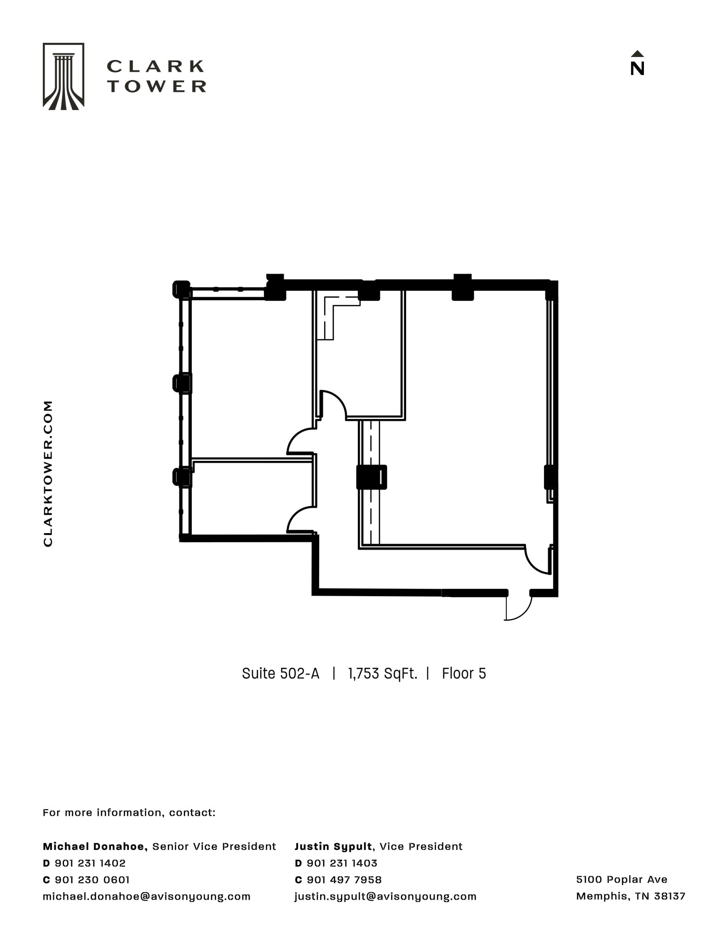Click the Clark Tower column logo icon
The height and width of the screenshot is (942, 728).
63,76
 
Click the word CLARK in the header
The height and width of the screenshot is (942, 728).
155,66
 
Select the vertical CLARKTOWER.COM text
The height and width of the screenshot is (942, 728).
48,473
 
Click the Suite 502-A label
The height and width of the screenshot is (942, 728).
280,674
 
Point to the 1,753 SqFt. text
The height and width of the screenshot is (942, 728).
382,674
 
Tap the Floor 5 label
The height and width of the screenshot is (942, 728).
464,674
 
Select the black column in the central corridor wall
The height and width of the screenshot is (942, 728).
371,477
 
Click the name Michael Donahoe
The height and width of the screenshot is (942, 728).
95,847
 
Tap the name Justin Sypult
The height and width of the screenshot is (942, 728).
333,847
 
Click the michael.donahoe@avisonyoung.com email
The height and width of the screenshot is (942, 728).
146,896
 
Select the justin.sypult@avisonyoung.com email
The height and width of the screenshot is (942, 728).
385,896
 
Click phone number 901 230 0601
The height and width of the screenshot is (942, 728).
92,880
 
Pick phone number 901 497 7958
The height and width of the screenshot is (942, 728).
344,880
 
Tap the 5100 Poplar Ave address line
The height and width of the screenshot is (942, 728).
621,879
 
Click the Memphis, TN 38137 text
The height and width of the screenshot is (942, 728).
631,896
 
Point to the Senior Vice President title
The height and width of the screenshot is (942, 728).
214,847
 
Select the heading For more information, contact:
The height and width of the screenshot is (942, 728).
129,813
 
